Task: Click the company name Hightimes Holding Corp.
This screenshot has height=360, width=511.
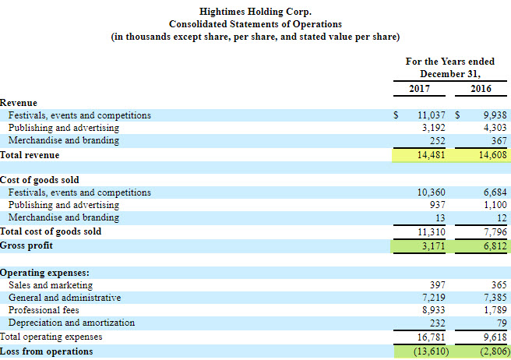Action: (255, 12)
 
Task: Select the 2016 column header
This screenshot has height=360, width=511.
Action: (481, 88)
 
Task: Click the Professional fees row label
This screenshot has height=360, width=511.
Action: (44, 310)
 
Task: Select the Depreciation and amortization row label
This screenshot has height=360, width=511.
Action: (71, 323)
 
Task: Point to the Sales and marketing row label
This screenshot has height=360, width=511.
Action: (51, 285)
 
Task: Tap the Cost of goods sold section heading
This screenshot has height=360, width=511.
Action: (39, 180)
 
